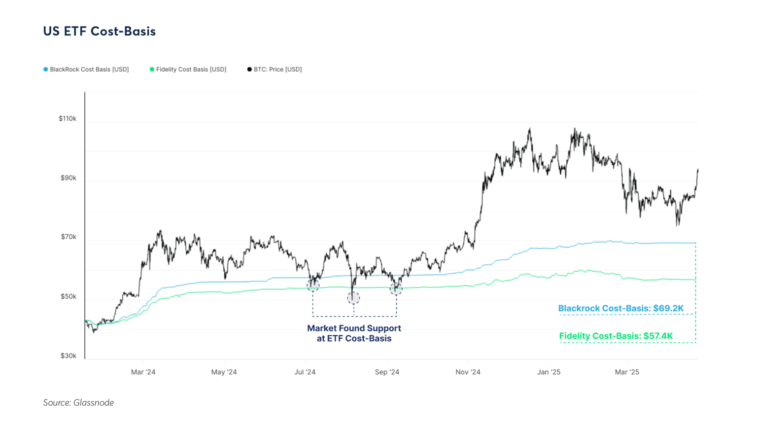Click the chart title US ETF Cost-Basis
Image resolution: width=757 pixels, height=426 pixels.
[100, 31]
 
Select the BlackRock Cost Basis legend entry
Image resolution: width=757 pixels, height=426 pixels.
[86, 70]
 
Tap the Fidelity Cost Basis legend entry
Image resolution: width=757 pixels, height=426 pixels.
[188, 70]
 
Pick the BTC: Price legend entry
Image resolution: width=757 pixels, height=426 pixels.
[275, 70]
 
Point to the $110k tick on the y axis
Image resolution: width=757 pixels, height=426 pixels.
[68, 119]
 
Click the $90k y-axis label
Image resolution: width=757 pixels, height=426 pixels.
[69, 178]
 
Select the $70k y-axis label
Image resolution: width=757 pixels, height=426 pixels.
[69, 237]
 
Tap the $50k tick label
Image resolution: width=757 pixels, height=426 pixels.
[69, 297]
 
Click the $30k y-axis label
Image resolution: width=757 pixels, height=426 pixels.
[69, 356]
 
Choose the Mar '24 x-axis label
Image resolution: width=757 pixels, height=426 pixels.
[143, 372]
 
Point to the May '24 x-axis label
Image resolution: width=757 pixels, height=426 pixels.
[224, 372]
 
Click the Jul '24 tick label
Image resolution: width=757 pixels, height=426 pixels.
[305, 372]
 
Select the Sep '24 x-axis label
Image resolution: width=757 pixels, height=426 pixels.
[387, 372]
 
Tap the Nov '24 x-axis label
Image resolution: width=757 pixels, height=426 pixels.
[468, 372]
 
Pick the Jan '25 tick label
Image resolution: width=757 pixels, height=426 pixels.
[549, 372]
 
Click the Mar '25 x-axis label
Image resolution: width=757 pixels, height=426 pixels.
[627, 372]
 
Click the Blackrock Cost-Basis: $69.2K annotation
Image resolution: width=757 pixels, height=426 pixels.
[620, 309]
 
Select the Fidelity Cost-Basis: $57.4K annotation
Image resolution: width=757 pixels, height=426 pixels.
[616, 336]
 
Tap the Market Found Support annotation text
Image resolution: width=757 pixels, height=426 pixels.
[354, 333]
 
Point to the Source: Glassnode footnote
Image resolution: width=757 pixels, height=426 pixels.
[78, 403]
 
